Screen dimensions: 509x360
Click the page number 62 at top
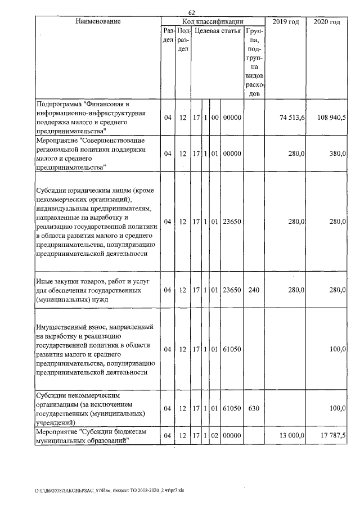point(192,12)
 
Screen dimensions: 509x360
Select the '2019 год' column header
point(285,21)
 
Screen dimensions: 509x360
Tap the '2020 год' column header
point(327,21)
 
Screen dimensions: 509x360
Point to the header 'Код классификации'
point(212,21)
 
